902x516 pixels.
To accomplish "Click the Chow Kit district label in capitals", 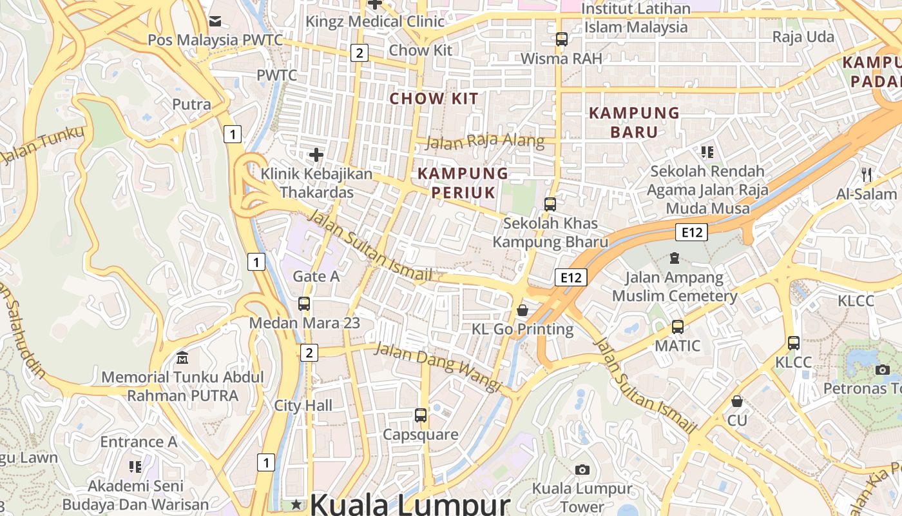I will [434, 99].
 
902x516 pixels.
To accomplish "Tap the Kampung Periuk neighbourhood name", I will [463, 183].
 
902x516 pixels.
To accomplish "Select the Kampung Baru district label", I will [634, 123].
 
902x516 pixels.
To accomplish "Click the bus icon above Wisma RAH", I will [561, 39].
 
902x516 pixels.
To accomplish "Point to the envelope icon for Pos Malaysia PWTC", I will [215, 21].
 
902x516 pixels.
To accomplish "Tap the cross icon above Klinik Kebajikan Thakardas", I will [316, 155].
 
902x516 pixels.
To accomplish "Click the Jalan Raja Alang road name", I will [485, 142].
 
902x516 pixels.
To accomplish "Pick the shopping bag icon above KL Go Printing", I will [523, 310].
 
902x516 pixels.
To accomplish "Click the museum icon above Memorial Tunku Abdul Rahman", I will [182, 357].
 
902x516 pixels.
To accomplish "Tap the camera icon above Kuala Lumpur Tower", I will [582, 470].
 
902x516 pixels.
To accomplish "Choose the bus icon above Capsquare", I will [421, 415].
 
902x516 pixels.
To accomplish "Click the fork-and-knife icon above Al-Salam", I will [867, 174].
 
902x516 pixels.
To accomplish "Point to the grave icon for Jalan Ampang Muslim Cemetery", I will [675, 259].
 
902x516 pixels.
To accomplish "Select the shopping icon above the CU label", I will [737, 401].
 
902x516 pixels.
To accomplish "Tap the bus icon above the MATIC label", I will [677, 327].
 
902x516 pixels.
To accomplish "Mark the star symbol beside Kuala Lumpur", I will [296, 504].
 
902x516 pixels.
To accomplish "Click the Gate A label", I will [316, 276].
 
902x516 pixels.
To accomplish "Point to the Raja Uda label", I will [803, 37].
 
